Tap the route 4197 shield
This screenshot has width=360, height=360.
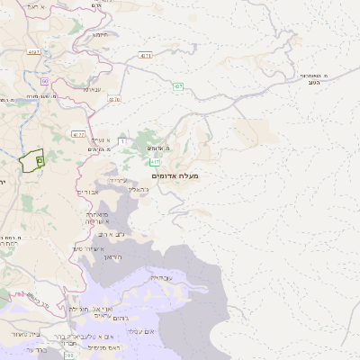[34, 53]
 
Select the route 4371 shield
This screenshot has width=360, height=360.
[146, 55]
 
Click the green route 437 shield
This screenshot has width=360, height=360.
[178, 86]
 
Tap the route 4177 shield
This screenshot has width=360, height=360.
[78, 135]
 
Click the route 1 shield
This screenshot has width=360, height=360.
[121, 142]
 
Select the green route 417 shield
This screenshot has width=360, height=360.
[155, 162]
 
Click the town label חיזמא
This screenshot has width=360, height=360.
[100, 34]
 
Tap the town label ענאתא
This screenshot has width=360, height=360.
[92, 89]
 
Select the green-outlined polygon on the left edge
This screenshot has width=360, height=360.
[31, 161]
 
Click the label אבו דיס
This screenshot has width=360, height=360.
[88, 192]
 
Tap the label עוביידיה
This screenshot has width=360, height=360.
[161, 278]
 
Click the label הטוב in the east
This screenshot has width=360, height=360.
[314, 82]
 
